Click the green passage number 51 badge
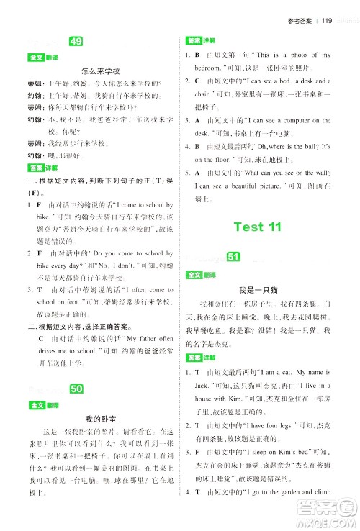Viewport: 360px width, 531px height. click(x=232, y=258)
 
